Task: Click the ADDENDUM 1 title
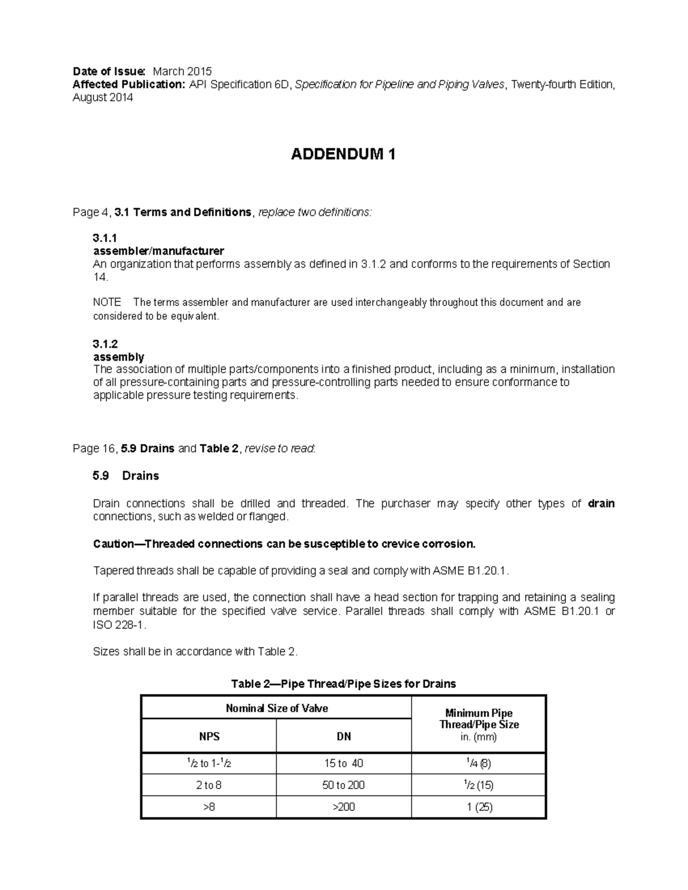343,154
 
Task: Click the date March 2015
182,72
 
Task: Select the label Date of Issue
109,72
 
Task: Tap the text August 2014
103,97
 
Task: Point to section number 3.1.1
104,238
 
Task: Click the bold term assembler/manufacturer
158,251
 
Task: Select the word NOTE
107,303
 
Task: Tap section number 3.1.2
105,344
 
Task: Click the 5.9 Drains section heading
126,476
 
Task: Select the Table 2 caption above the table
343,684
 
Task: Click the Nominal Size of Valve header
276,708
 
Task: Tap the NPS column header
209,736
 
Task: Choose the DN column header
343,736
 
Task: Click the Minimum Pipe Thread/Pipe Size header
479,719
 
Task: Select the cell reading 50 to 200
343,785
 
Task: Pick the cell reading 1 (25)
479,807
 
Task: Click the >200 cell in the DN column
343,807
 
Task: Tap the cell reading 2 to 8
209,785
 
